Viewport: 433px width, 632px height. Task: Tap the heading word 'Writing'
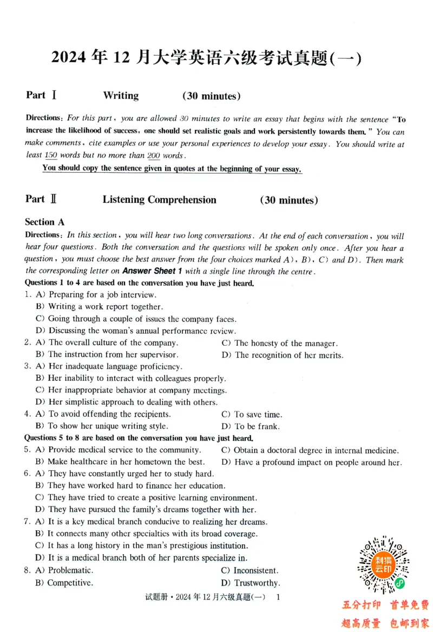click(x=121, y=96)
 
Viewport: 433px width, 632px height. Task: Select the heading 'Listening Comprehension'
click(x=159, y=200)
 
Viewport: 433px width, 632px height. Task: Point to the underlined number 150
click(x=51, y=156)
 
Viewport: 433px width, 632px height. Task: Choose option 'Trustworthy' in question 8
click(x=257, y=583)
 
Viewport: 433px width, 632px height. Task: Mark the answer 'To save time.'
click(x=258, y=414)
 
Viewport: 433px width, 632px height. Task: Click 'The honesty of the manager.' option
click(x=286, y=343)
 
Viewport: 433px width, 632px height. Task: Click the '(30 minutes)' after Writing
click(x=211, y=96)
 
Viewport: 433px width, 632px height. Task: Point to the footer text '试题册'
click(x=157, y=597)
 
